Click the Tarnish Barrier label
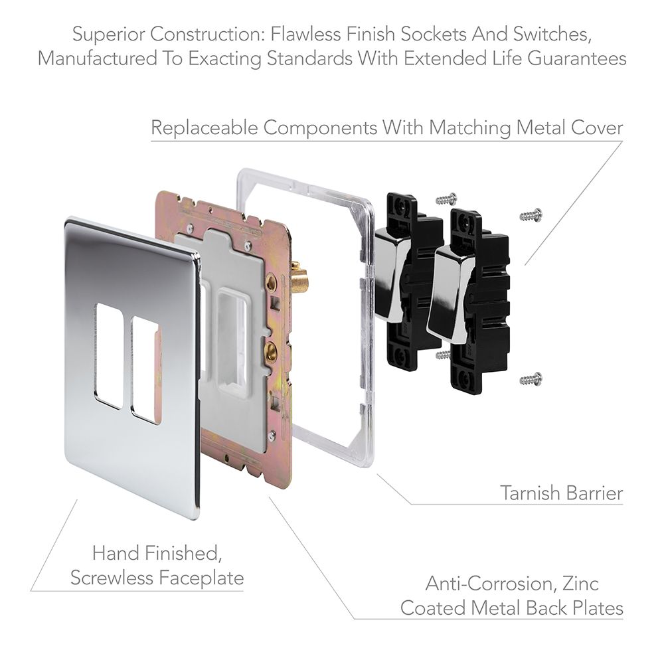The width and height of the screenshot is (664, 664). click(x=561, y=493)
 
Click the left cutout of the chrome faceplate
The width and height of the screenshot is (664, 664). click(x=108, y=355)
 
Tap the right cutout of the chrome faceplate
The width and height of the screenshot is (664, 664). click(x=145, y=369)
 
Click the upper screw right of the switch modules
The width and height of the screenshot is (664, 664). click(x=531, y=214)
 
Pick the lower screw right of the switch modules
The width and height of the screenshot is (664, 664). click(x=531, y=378)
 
